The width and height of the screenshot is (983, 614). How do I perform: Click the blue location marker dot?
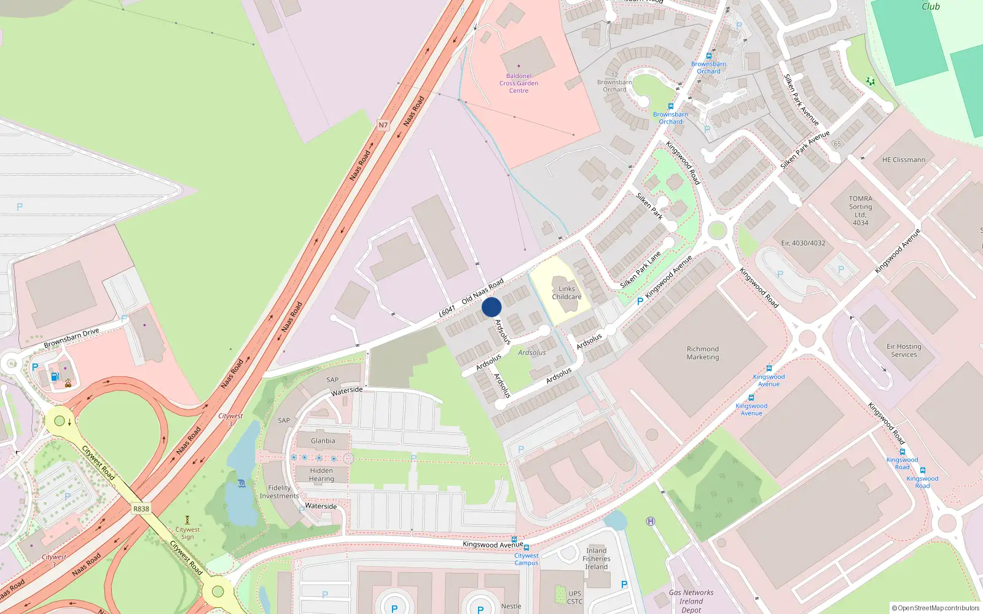point(491,307)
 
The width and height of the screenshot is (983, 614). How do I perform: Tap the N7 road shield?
point(383,125)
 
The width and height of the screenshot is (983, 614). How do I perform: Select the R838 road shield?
point(141,509)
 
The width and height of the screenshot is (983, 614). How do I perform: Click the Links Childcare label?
point(566,293)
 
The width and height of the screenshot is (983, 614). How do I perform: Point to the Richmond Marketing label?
point(703,353)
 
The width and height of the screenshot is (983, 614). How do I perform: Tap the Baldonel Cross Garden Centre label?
point(519,84)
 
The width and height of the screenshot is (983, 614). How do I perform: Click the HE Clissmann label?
point(903,160)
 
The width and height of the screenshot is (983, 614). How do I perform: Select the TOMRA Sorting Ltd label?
point(860,211)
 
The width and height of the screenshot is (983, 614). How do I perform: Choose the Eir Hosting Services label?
point(904,351)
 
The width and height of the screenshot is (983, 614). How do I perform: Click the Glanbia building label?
point(323,441)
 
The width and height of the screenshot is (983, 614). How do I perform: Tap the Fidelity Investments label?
point(280,492)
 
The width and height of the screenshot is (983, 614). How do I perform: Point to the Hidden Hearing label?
point(321,475)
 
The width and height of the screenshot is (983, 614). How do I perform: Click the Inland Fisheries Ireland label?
point(597,559)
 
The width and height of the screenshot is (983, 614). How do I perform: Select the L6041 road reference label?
point(447,311)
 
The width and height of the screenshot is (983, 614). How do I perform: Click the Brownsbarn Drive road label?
point(71,338)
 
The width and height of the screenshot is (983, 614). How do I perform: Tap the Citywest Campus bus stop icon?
point(527,547)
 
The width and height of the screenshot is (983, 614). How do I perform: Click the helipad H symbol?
point(651,521)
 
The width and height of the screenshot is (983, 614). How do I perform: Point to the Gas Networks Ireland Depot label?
point(691,601)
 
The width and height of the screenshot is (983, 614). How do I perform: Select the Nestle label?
point(511,606)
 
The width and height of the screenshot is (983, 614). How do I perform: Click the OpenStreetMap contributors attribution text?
point(935,608)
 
